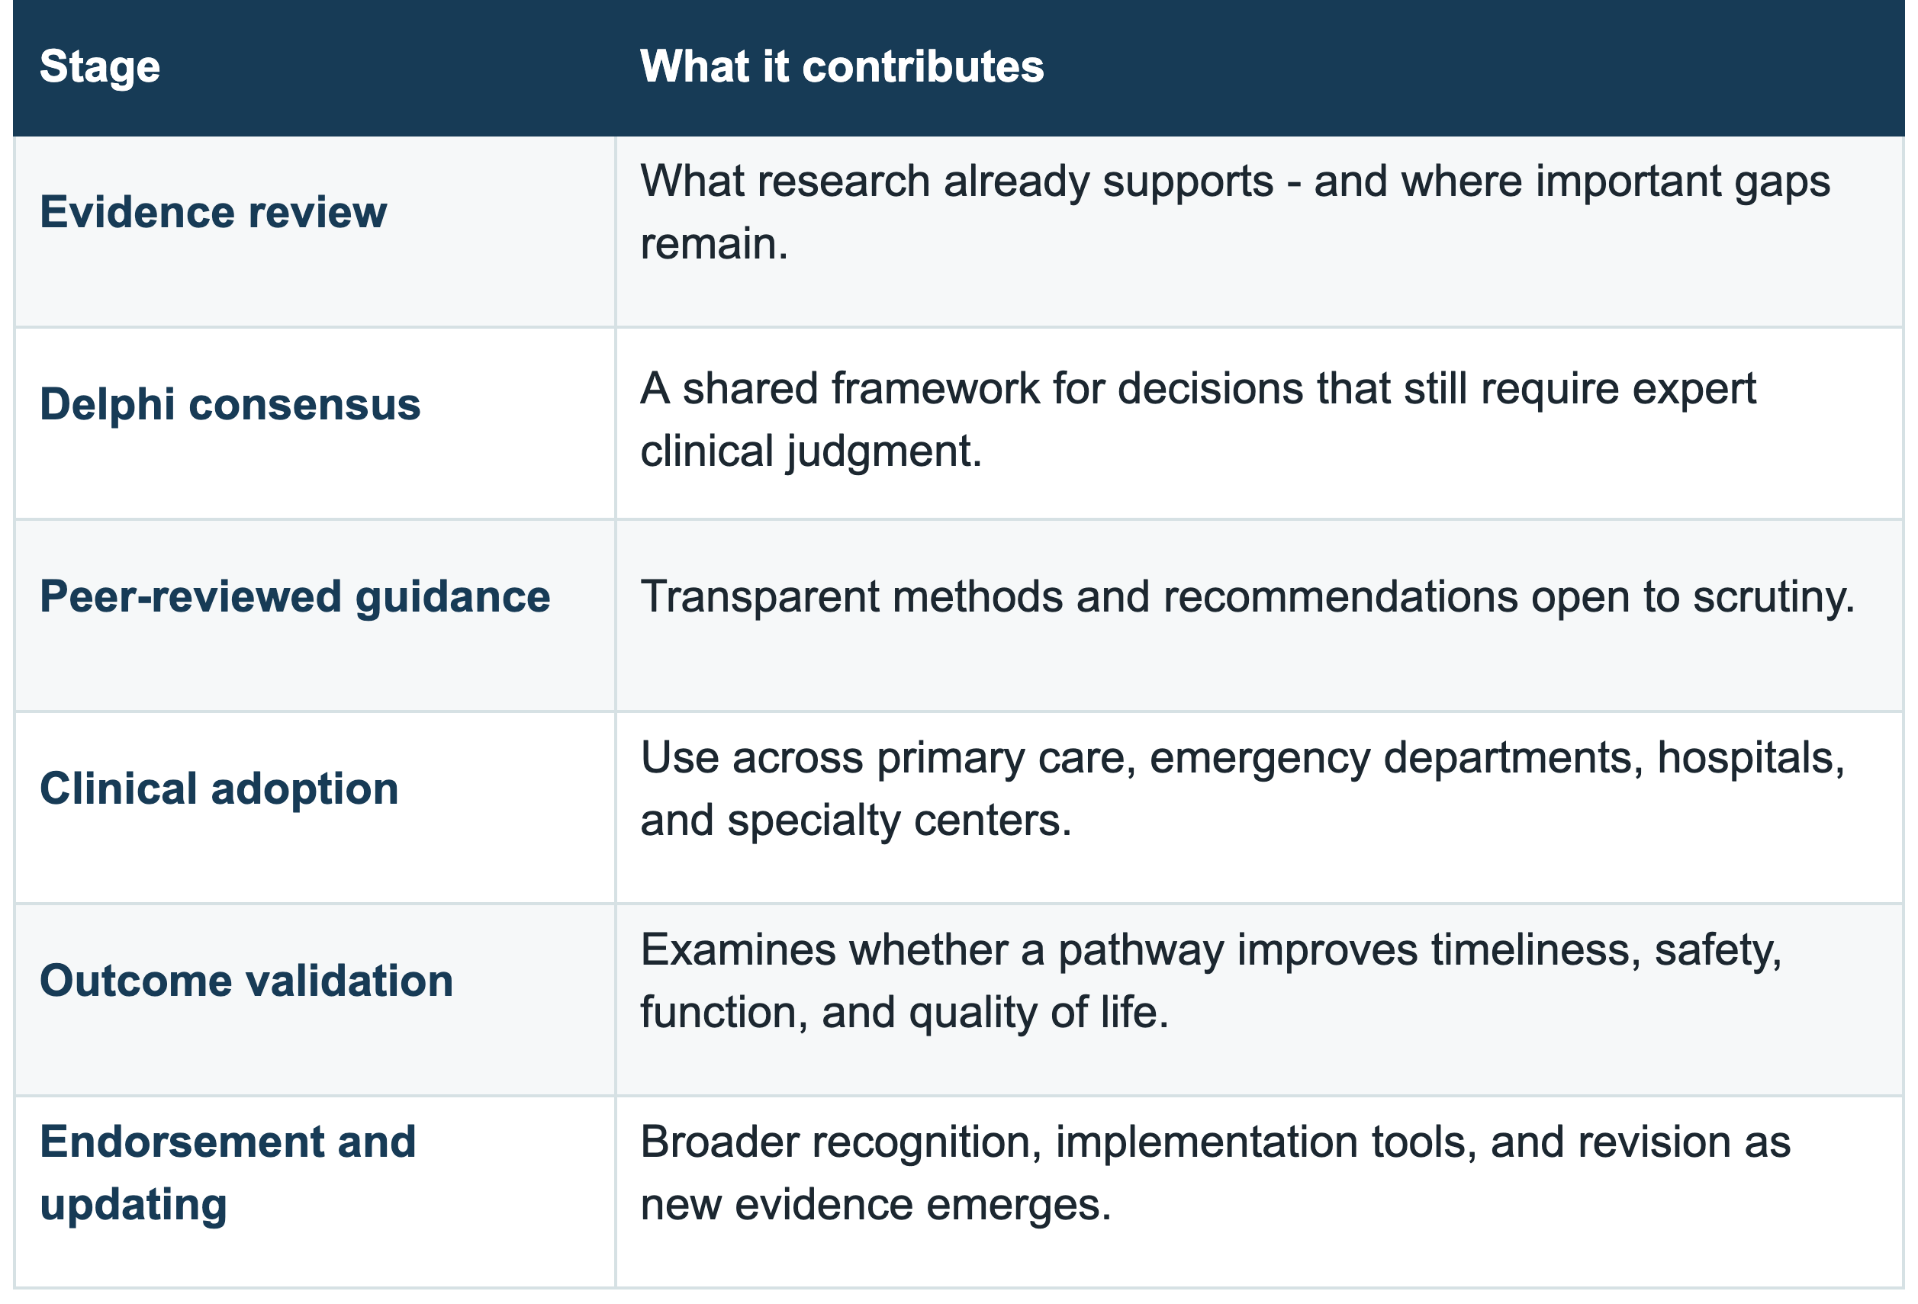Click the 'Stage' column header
[100, 67]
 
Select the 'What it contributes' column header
[842, 66]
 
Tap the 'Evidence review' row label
[213, 212]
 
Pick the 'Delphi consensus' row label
[230, 404]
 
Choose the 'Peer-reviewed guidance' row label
[294, 597]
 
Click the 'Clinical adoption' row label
[219, 789]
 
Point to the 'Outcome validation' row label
[246, 981]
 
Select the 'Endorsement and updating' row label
[228, 1173]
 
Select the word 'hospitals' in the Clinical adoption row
[1750, 758]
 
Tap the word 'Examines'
[738, 949]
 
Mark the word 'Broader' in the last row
[718, 1142]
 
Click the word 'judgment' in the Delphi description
[883, 452]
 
